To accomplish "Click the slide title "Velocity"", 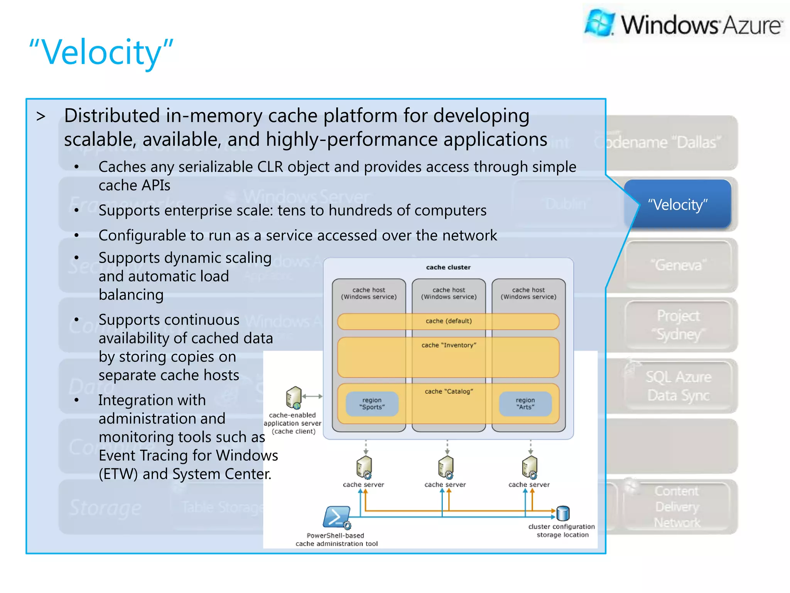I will point(101,53).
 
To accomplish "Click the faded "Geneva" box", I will point(678,265).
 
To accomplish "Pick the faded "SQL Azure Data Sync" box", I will point(678,386).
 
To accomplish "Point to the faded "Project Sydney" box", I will point(678,325).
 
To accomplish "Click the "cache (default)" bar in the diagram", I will point(448,321).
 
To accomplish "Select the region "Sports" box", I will point(372,404).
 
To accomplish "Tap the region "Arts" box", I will point(525,404).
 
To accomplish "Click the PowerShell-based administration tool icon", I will point(337,517).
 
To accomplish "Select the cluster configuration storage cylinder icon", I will point(563,513).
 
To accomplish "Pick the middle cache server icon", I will point(446,467).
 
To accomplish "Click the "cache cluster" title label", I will point(448,267).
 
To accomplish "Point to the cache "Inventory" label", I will point(449,345).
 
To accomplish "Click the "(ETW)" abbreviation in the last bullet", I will point(118,474).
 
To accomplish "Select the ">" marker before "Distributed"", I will point(41,116).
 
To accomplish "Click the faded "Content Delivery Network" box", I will point(677,507).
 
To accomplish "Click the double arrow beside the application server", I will point(312,396).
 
